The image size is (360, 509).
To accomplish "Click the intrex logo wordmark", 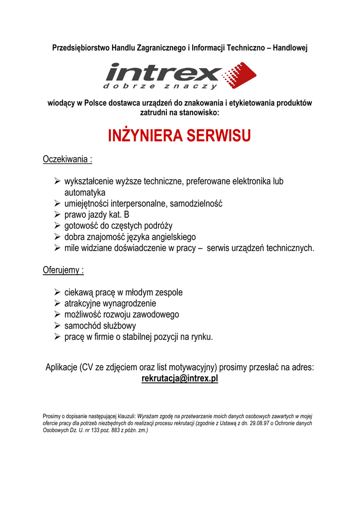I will pyautogui.click(x=164, y=73).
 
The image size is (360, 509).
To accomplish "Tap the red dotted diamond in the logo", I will pyautogui.click(x=240, y=75).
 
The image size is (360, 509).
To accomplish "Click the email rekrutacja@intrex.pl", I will pyautogui.click(x=180, y=379).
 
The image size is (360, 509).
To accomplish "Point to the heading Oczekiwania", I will pyautogui.click(x=67, y=160).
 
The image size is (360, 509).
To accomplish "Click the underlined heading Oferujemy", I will pyautogui.click(x=62, y=270).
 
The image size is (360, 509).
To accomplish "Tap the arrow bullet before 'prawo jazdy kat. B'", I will pyautogui.click(x=58, y=215).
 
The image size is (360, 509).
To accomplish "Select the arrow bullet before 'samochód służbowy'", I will pyautogui.click(x=58, y=326).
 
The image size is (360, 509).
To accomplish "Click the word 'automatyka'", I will pyautogui.click(x=85, y=192).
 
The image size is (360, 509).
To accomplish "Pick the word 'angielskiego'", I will pyautogui.click(x=171, y=237).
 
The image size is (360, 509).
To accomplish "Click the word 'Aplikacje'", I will pyautogui.click(x=61, y=367).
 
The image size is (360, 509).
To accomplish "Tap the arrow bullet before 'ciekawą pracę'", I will pyautogui.click(x=58, y=292).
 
